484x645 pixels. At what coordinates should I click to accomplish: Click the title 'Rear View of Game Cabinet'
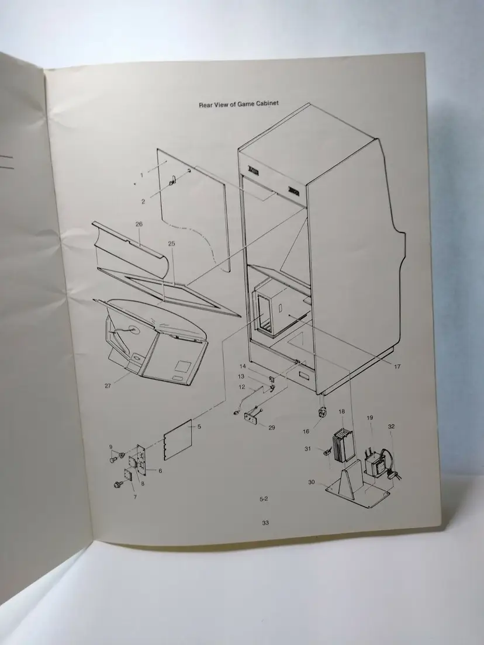pos(238,104)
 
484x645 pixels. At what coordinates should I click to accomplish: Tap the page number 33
pos(265,523)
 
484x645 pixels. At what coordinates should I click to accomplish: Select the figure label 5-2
pos(264,499)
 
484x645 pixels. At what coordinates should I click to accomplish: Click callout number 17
pos(397,366)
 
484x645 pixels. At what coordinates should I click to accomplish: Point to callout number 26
pos(139,224)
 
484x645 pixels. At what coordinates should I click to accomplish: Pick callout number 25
pos(172,244)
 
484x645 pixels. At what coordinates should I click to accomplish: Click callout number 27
pos(108,386)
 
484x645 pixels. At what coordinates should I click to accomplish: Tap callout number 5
pos(199,426)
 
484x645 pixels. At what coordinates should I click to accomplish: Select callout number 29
pos(272,428)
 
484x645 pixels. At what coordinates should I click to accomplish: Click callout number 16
pos(306,432)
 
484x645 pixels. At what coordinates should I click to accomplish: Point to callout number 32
pos(391,426)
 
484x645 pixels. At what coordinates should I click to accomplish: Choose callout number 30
pos(312,482)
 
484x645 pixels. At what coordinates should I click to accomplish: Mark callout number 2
pos(143,202)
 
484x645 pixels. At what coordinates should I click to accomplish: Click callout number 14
pos(243,366)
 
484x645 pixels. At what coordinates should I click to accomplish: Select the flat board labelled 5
pos(178,440)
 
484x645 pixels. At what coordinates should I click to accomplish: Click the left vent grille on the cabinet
pos(253,169)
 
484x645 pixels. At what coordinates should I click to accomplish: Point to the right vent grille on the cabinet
pos(294,190)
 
